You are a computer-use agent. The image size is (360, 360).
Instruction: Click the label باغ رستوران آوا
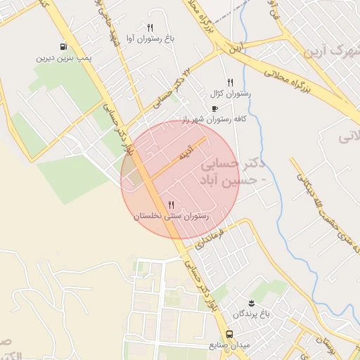[x=150, y=39]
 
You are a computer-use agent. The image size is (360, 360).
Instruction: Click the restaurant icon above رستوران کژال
[x=230, y=82]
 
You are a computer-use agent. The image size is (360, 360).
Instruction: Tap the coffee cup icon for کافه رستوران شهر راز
[x=214, y=108]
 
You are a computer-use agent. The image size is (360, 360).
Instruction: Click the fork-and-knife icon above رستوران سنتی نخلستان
[x=172, y=205]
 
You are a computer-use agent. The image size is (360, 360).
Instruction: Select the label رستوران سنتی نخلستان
[x=172, y=217]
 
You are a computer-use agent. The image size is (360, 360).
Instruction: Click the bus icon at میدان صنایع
[x=229, y=334]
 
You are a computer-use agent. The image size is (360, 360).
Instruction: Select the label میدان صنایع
[x=229, y=346]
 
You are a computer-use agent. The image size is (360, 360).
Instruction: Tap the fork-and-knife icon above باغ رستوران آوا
[x=150, y=27]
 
